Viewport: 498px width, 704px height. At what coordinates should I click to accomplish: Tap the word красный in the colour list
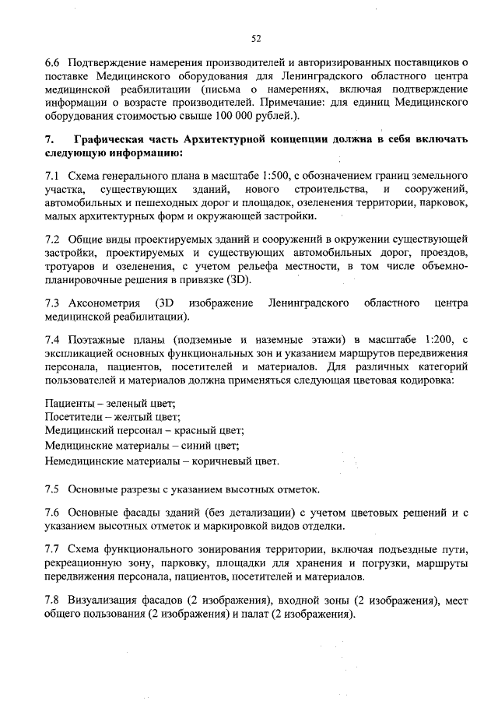[192, 432]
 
